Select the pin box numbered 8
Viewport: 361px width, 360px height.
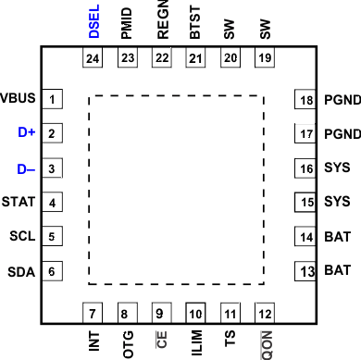pyautogui.click(x=125, y=313)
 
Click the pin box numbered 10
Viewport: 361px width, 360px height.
pyautogui.click(x=195, y=313)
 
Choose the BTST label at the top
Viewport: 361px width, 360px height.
pyautogui.click(x=195, y=21)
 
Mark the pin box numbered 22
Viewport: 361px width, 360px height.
pyautogui.click(x=160, y=58)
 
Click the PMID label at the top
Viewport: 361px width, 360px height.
pyautogui.click(x=125, y=21)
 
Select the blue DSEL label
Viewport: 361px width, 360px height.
pyautogui.click(x=93, y=21)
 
